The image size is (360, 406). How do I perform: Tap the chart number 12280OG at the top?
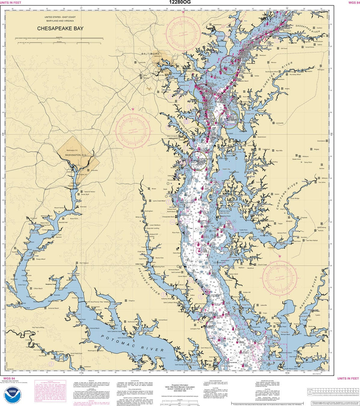click(x=180, y=2)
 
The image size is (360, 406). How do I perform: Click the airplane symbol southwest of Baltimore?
click(x=149, y=88)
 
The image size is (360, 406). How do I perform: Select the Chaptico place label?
click(x=132, y=301)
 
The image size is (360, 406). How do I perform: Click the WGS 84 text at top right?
click(x=352, y=2)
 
